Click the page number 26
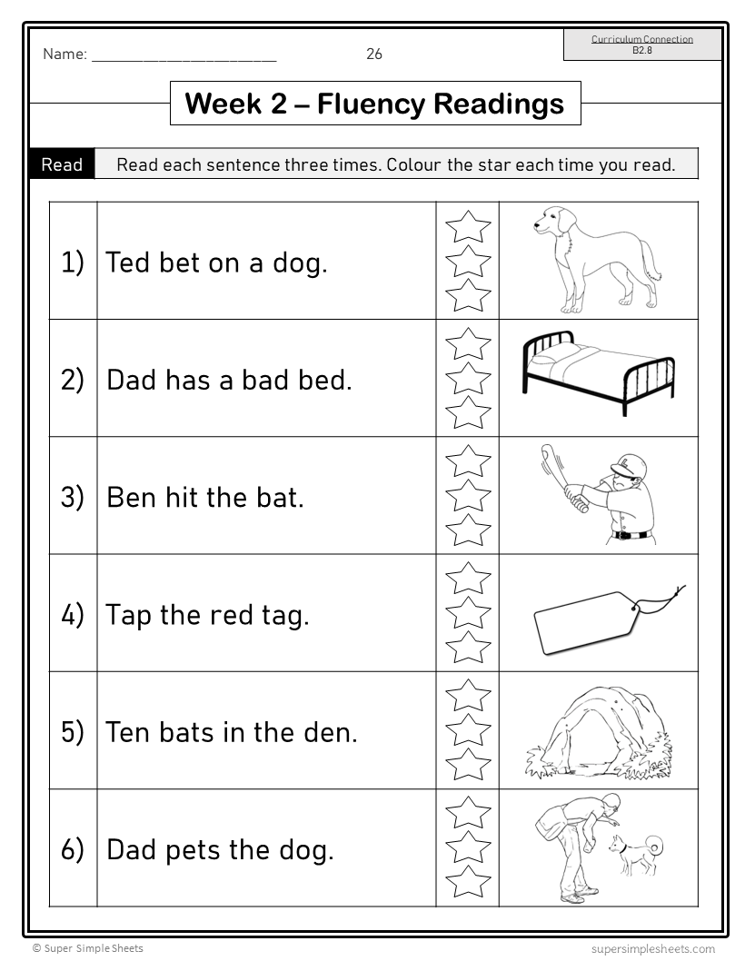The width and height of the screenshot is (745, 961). click(374, 54)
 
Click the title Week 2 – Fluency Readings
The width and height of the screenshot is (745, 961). click(374, 104)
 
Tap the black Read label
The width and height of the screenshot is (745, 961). click(62, 164)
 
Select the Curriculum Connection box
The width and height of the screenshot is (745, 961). click(642, 45)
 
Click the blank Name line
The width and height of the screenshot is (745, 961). click(184, 55)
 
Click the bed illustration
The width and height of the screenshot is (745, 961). click(598, 372)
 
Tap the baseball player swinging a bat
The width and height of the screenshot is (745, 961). click(600, 494)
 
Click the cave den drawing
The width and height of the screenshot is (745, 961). click(600, 732)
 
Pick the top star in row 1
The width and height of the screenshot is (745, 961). click(468, 226)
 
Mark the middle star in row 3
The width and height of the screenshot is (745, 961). click(468, 496)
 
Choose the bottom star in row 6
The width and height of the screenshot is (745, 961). click(468, 881)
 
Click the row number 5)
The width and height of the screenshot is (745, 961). click(73, 731)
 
